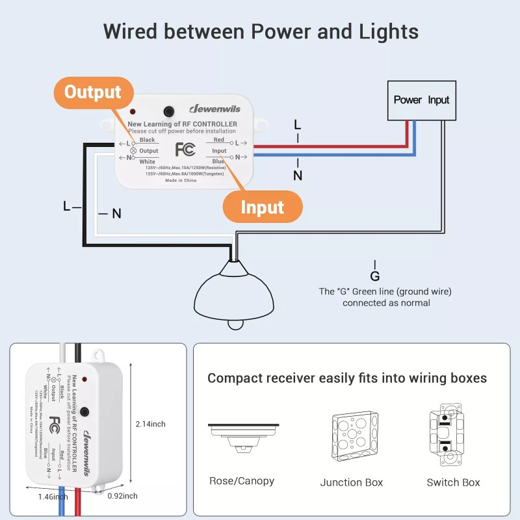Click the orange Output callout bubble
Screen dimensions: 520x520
click(92, 92)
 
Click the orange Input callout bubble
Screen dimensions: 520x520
click(262, 207)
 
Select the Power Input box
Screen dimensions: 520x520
click(421, 100)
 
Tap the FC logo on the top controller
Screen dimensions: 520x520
click(185, 150)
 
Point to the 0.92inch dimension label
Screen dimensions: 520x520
click(122, 496)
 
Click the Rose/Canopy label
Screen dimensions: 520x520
click(242, 481)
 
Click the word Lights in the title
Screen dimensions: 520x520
click(385, 31)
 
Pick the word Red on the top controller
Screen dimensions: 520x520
click(219, 140)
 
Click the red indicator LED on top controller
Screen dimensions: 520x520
click(132, 112)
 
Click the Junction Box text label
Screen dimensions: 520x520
click(352, 482)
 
